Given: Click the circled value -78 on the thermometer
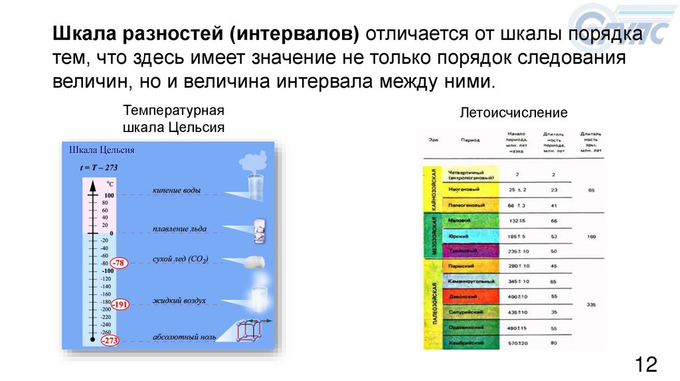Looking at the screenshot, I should click(119, 263).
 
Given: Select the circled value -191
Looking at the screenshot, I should click(120, 305).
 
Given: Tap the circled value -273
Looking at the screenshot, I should click(108, 341).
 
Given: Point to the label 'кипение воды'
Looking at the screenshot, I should click(176, 190).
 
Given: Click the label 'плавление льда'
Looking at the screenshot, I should click(179, 228).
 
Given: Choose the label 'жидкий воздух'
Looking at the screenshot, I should click(179, 301).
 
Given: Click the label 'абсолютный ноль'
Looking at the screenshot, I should click(184, 337).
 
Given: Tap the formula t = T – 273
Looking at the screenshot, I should click(99, 167).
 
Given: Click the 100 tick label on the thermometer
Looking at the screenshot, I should click(109, 195).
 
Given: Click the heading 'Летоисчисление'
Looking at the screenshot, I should click(514, 114).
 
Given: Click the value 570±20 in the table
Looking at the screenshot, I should click(517, 343).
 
